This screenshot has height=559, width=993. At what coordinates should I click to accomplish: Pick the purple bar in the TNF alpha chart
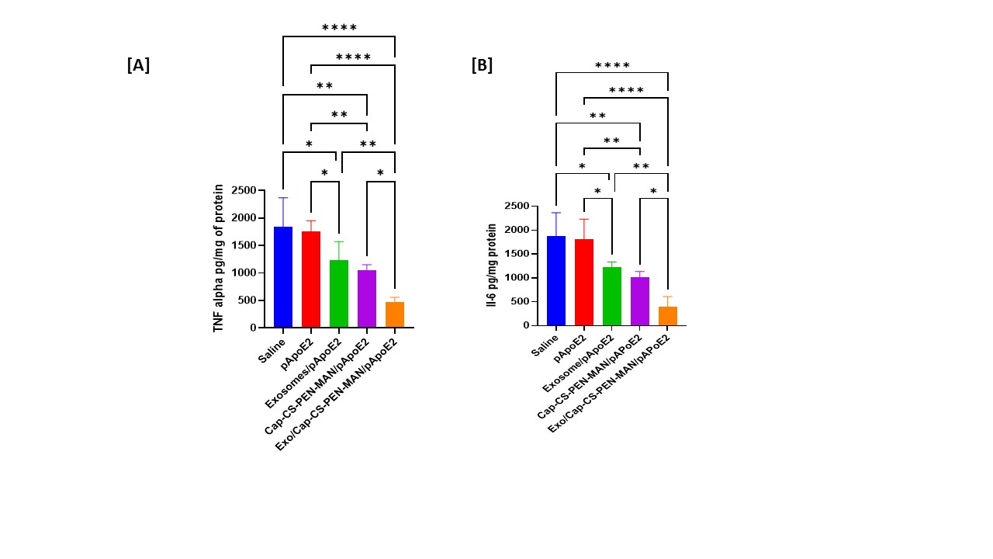[x=367, y=299]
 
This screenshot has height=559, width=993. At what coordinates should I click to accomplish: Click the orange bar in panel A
[x=395, y=314]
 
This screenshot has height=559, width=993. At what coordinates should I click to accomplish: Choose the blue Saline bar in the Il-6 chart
[x=556, y=280]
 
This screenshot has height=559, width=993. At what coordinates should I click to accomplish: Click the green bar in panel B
[x=612, y=296]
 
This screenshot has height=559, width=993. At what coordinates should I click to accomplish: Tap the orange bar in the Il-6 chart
[x=668, y=316]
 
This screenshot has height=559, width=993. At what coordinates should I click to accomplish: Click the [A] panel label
[x=138, y=65]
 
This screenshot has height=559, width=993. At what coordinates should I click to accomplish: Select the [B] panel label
[x=482, y=65]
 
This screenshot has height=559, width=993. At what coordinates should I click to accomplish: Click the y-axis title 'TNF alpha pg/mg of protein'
[x=219, y=258]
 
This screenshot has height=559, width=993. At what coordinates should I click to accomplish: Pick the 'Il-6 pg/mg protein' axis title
[x=492, y=266]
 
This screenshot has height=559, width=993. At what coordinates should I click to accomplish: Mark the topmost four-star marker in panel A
[x=339, y=28]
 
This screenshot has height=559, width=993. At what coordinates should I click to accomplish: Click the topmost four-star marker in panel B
[x=612, y=66]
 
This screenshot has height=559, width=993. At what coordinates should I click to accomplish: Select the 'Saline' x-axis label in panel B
[x=545, y=342]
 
